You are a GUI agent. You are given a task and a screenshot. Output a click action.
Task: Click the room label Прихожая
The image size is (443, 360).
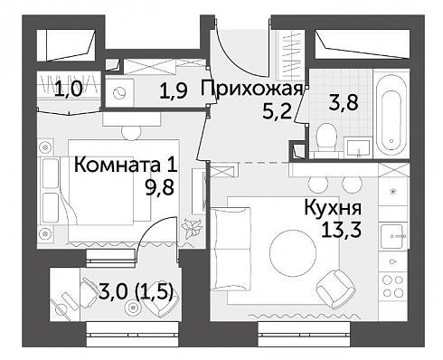[x=251, y=89]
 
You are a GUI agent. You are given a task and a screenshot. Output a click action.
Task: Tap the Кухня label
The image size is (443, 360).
[x=333, y=207]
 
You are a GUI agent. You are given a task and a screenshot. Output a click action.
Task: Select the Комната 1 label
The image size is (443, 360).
[x=126, y=165]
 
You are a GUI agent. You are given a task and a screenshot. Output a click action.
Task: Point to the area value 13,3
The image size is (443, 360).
[x=341, y=231]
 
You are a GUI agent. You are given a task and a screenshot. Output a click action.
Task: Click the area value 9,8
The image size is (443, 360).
[x=160, y=188]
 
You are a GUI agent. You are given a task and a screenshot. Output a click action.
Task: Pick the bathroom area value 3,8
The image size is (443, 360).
[x=344, y=102]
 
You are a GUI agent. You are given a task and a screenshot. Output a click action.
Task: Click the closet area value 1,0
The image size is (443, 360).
[x=68, y=90]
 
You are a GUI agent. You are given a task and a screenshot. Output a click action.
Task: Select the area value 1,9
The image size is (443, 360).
[x=174, y=91]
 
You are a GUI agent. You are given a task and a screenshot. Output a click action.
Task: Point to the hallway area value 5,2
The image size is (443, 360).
[x=278, y=112]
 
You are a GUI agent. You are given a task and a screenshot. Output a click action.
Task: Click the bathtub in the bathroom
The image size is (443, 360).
[x=391, y=113]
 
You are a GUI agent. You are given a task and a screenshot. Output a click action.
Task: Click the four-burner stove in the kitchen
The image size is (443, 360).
[x=393, y=286]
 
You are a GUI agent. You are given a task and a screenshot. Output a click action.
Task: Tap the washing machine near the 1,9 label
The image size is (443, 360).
[x=119, y=93]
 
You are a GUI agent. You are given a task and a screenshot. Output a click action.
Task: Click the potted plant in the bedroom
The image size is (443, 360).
[x=191, y=228]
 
